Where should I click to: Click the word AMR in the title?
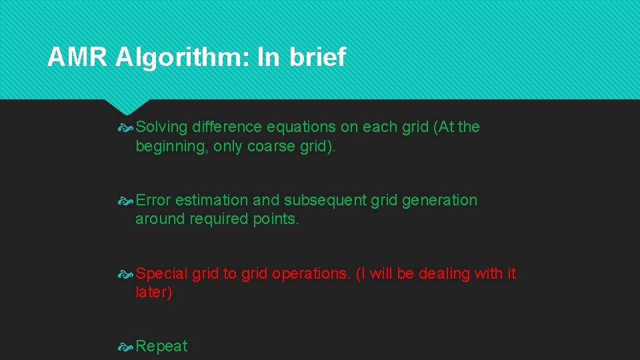click(77, 58)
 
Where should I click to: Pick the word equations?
click(299, 127)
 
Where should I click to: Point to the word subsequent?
click(325, 200)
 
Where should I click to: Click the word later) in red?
click(153, 293)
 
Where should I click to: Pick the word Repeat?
click(161, 346)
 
